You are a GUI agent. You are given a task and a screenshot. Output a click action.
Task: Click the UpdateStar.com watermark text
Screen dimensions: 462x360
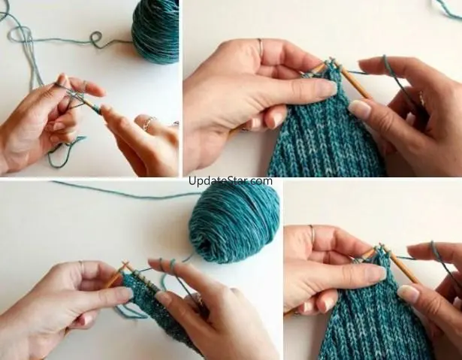[x=231, y=180]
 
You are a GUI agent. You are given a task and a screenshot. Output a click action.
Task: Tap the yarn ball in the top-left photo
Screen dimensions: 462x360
[x=156, y=31]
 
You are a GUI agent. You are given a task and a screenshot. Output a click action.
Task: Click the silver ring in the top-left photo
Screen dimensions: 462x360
[x=149, y=123]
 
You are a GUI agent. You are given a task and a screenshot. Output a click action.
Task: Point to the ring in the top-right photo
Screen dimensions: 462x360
[x=260, y=46]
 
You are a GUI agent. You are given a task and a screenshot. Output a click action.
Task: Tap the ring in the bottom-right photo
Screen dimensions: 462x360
[x=312, y=234]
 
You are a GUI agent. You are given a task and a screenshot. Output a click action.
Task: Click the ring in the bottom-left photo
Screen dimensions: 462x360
[x=81, y=267]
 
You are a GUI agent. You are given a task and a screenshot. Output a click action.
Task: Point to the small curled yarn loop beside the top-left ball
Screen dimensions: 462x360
[x=95, y=39]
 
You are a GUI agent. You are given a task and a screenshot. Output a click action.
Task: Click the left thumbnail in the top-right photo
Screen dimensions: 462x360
[x=330, y=88]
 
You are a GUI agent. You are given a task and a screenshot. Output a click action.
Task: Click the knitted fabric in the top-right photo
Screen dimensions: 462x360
[x=324, y=130]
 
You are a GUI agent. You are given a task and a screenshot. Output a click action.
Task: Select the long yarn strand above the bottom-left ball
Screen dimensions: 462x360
[x=127, y=190]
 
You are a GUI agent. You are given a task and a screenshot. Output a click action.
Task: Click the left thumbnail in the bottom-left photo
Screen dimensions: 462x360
[x=126, y=292]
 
